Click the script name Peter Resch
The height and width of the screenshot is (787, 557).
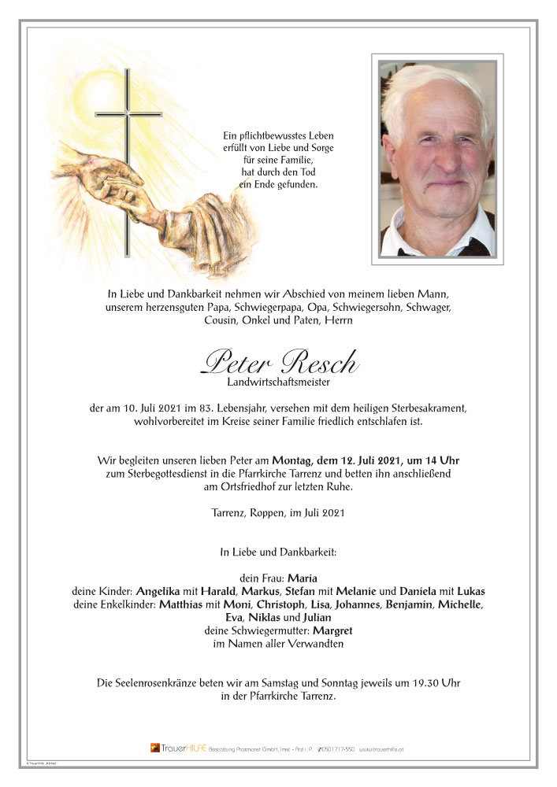280,362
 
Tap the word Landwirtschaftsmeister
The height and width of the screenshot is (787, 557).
280,382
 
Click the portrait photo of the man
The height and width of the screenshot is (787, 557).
437,159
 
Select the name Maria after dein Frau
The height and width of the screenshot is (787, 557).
303,578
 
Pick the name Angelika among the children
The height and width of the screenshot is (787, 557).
162,591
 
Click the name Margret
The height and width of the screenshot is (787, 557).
334,630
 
